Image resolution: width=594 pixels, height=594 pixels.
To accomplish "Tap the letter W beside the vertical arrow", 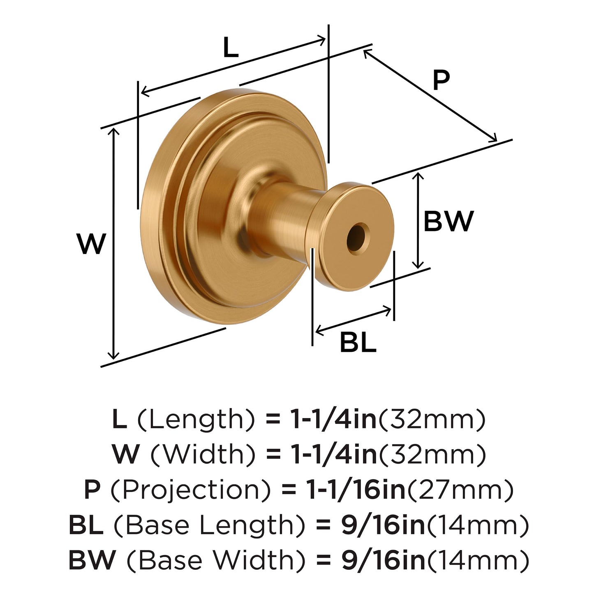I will (91, 244).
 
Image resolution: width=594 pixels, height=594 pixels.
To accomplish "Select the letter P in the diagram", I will (441, 80).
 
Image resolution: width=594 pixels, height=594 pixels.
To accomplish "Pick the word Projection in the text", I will (191, 490).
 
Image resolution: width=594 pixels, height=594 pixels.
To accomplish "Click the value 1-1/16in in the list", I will (356, 490).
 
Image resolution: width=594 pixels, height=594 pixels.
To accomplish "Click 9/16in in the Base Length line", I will (383, 525).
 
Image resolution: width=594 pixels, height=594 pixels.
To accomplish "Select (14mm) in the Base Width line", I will (478, 560).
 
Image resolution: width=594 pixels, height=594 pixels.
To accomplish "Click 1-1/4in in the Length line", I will (334, 420).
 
